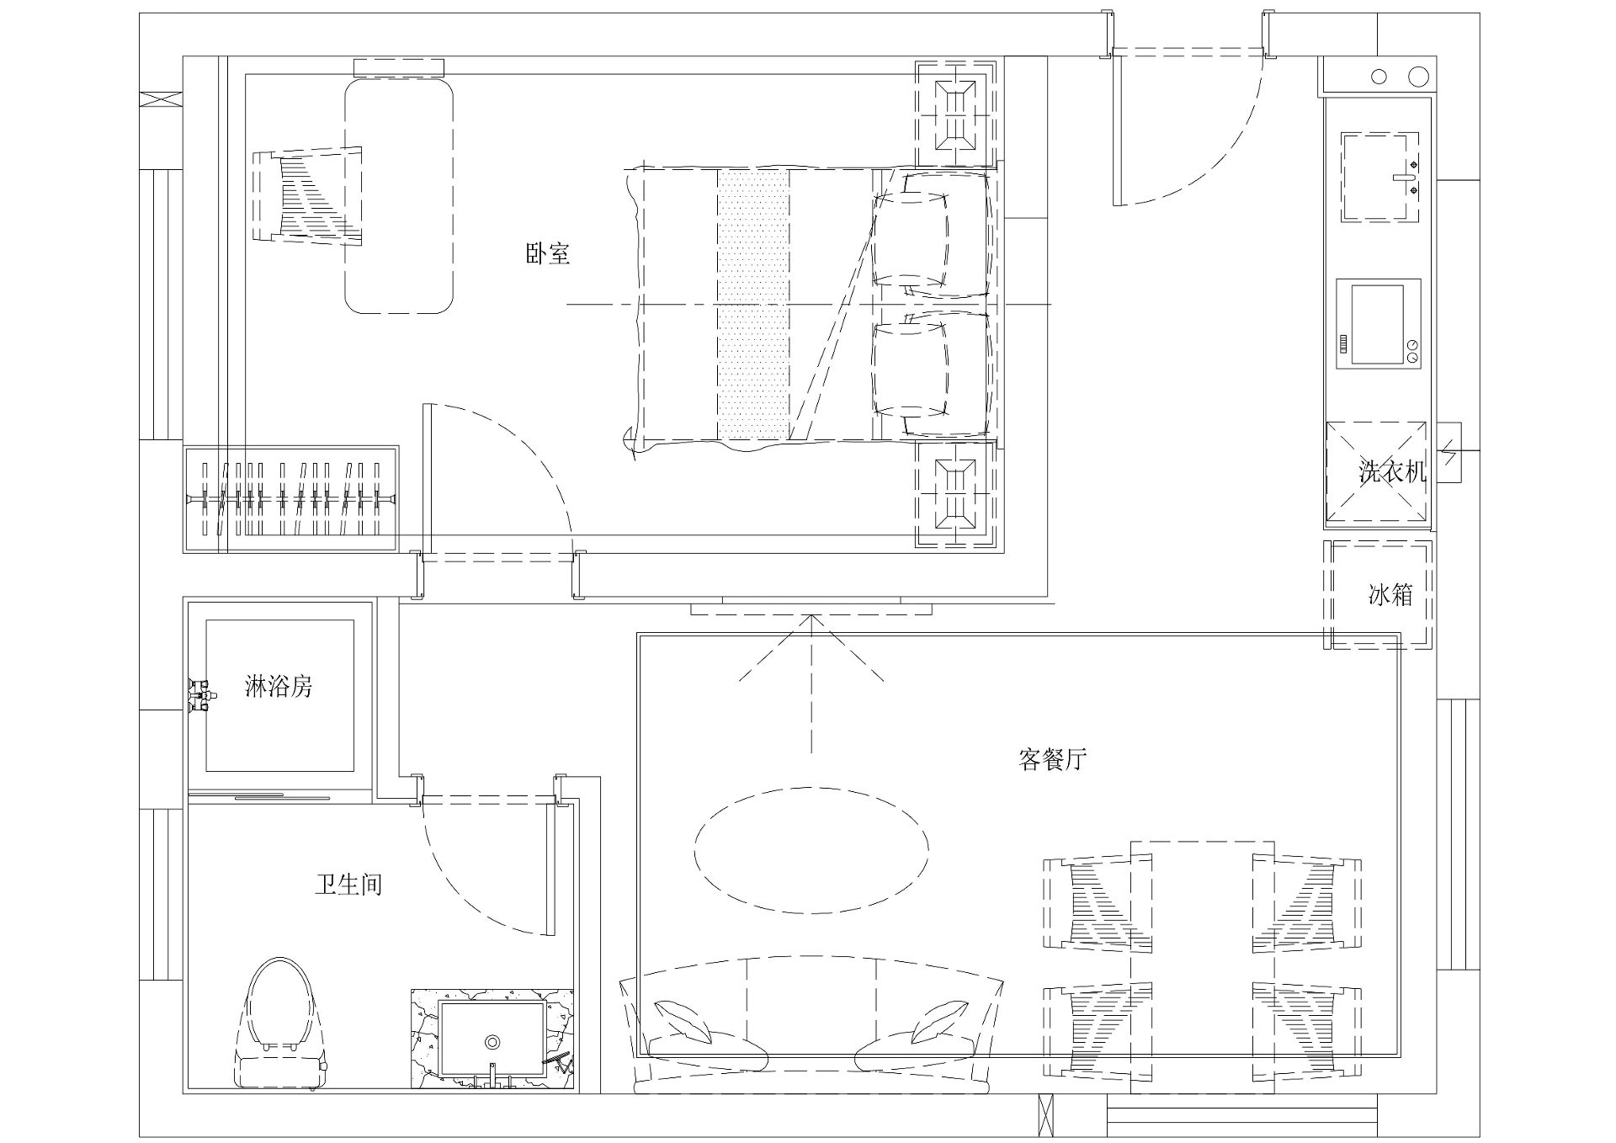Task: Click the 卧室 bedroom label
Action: click(548, 253)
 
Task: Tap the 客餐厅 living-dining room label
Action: click(1052, 760)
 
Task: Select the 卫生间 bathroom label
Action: click(348, 885)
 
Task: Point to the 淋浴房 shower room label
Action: click(279, 687)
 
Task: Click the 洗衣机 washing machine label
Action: click(1393, 471)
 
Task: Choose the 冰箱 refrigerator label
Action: click(1390, 595)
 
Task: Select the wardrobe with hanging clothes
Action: click(290, 499)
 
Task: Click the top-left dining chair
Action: click(1098, 904)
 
